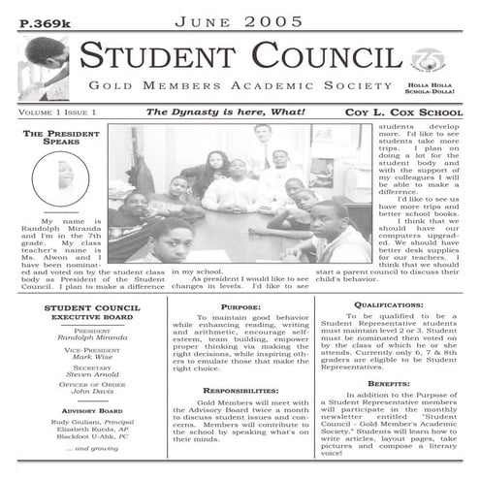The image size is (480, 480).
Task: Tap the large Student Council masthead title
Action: click(x=238, y=55)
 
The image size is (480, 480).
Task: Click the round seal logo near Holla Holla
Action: click(x=423, y=60)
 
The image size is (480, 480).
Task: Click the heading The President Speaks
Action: click(x=57, y=139)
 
